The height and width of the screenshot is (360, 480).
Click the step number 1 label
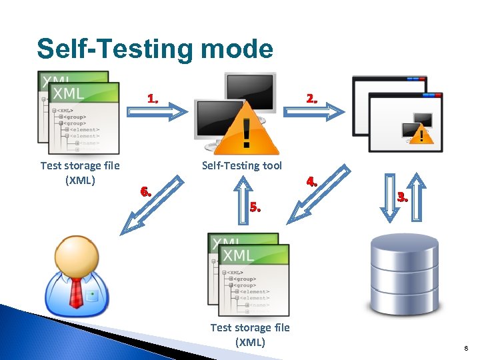[153, 99]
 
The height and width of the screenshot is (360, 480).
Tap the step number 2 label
[312, 99]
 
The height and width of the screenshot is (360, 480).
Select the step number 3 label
[402, 197]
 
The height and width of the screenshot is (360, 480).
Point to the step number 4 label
[311, 181]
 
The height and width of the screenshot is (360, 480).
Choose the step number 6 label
[147, 192]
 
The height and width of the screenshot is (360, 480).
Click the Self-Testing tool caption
[241, 165]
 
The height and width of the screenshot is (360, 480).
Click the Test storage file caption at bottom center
[250, 334]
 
